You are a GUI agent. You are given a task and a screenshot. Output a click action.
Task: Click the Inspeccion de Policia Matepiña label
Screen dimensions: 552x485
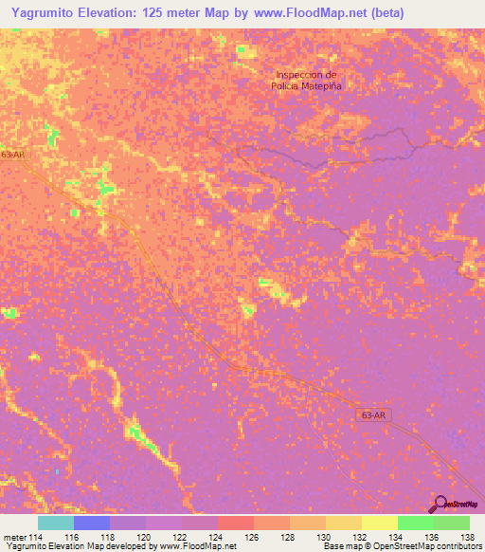point(306,80)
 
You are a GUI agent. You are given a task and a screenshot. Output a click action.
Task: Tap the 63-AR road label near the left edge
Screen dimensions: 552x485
point(12,155)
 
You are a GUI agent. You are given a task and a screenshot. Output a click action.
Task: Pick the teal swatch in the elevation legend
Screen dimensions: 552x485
point(56,523)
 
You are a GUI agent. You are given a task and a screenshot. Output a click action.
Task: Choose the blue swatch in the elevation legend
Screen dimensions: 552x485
point(92,523)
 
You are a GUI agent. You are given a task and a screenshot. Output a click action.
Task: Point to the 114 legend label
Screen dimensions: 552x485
point(36,537)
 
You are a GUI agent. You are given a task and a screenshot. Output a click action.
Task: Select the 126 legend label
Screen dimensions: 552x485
point(252,537)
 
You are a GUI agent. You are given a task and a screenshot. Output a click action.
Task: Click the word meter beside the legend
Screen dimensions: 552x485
point(14,537)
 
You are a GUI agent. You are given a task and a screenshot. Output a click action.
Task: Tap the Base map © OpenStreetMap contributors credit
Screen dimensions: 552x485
point(401,547)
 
